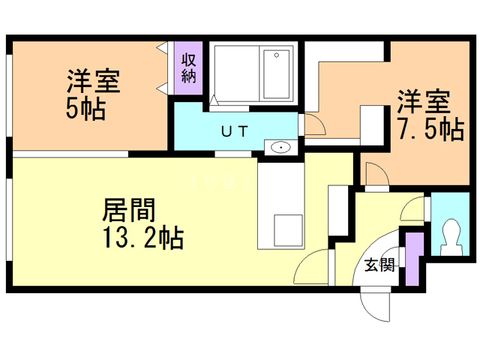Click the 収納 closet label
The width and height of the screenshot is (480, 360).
[188, 68]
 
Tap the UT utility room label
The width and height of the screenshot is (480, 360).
[234, 132]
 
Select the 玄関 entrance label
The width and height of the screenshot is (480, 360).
[379, 265]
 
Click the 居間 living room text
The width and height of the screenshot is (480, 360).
[129, 210]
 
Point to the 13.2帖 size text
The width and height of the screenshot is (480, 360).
[143, 237]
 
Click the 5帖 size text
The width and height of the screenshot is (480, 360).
[86, 109]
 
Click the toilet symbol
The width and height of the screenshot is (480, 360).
[450, 237]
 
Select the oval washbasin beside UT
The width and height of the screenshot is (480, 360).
[280, 148]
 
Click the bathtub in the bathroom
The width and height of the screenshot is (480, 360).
[277, 74]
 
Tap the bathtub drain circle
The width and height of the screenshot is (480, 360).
[277, 55]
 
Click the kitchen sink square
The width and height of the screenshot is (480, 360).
[288, 230]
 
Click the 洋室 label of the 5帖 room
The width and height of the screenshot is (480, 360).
[93, 81]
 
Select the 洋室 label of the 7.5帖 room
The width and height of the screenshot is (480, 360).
[424, 102]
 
